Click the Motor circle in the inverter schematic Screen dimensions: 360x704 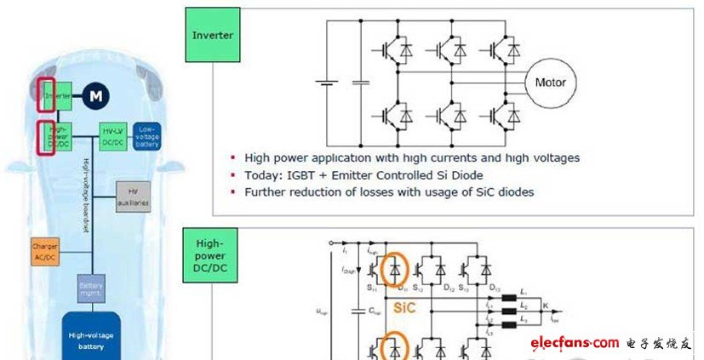pos(550,83)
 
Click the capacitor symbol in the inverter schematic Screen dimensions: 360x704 pos(361,83)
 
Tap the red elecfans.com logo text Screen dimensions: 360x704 pos(575,342)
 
